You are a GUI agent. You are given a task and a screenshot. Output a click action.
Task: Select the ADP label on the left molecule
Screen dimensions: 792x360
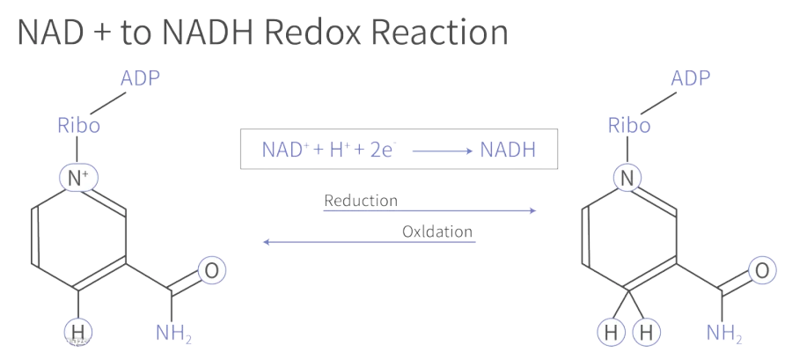click(x=140, y=78)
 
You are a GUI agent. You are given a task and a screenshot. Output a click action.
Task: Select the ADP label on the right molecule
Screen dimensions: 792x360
click(x=691, y=78)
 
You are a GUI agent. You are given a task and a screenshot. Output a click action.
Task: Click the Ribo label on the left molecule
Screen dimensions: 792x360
click(x=79, y=125)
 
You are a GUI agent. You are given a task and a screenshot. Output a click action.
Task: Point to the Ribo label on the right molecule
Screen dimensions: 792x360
click(x=629, y=125)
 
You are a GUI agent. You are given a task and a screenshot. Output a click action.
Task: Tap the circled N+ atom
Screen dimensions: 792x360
click(x=78, y=178)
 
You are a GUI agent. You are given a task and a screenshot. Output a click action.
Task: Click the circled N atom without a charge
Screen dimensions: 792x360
click(x=627, y=178)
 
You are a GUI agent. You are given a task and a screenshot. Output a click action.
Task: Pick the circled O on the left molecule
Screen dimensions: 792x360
click(x=211, y=270)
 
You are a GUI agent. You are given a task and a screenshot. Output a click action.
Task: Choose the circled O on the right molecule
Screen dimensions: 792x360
click(x=762, y=270)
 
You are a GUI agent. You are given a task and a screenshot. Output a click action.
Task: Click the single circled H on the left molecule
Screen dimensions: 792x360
click(x=77, y=332)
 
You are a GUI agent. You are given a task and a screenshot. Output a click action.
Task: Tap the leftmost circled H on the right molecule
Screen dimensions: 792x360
click(x=612, y=332)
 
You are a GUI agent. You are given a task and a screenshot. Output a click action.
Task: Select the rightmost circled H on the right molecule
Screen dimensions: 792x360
click(x=646, y=332)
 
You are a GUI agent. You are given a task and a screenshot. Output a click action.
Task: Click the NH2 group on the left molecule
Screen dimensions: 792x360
click(x=173, y=334)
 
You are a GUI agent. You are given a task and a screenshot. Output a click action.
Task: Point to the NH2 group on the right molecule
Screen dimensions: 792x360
click(x=724, y=334)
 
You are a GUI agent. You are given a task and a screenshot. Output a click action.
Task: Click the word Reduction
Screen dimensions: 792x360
click(x=361, y=201)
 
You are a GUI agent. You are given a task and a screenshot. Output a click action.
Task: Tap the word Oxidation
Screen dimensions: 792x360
click(x=437, y=231)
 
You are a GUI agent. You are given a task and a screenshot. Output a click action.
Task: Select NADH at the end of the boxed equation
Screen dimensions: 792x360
click(x=508, y=150)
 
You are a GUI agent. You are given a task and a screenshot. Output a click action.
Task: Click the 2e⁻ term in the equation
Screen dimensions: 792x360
click(x=384, y=150)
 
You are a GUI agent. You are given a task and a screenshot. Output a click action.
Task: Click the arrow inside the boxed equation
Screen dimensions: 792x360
click(x=443, y=151)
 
